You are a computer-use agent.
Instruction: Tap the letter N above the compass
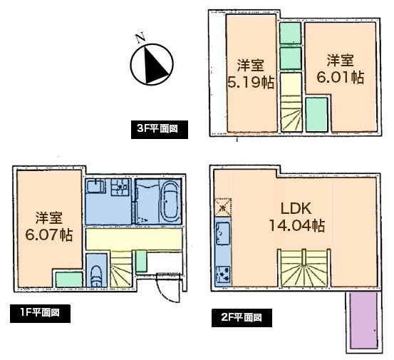(140, 37)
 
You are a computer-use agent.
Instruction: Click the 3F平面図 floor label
(162, 129)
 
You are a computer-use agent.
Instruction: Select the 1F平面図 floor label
(40, 313)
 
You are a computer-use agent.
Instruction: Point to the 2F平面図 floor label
(242, 317)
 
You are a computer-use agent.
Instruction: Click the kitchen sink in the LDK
(222, 233)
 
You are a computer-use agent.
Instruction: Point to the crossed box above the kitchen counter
(222, 207)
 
